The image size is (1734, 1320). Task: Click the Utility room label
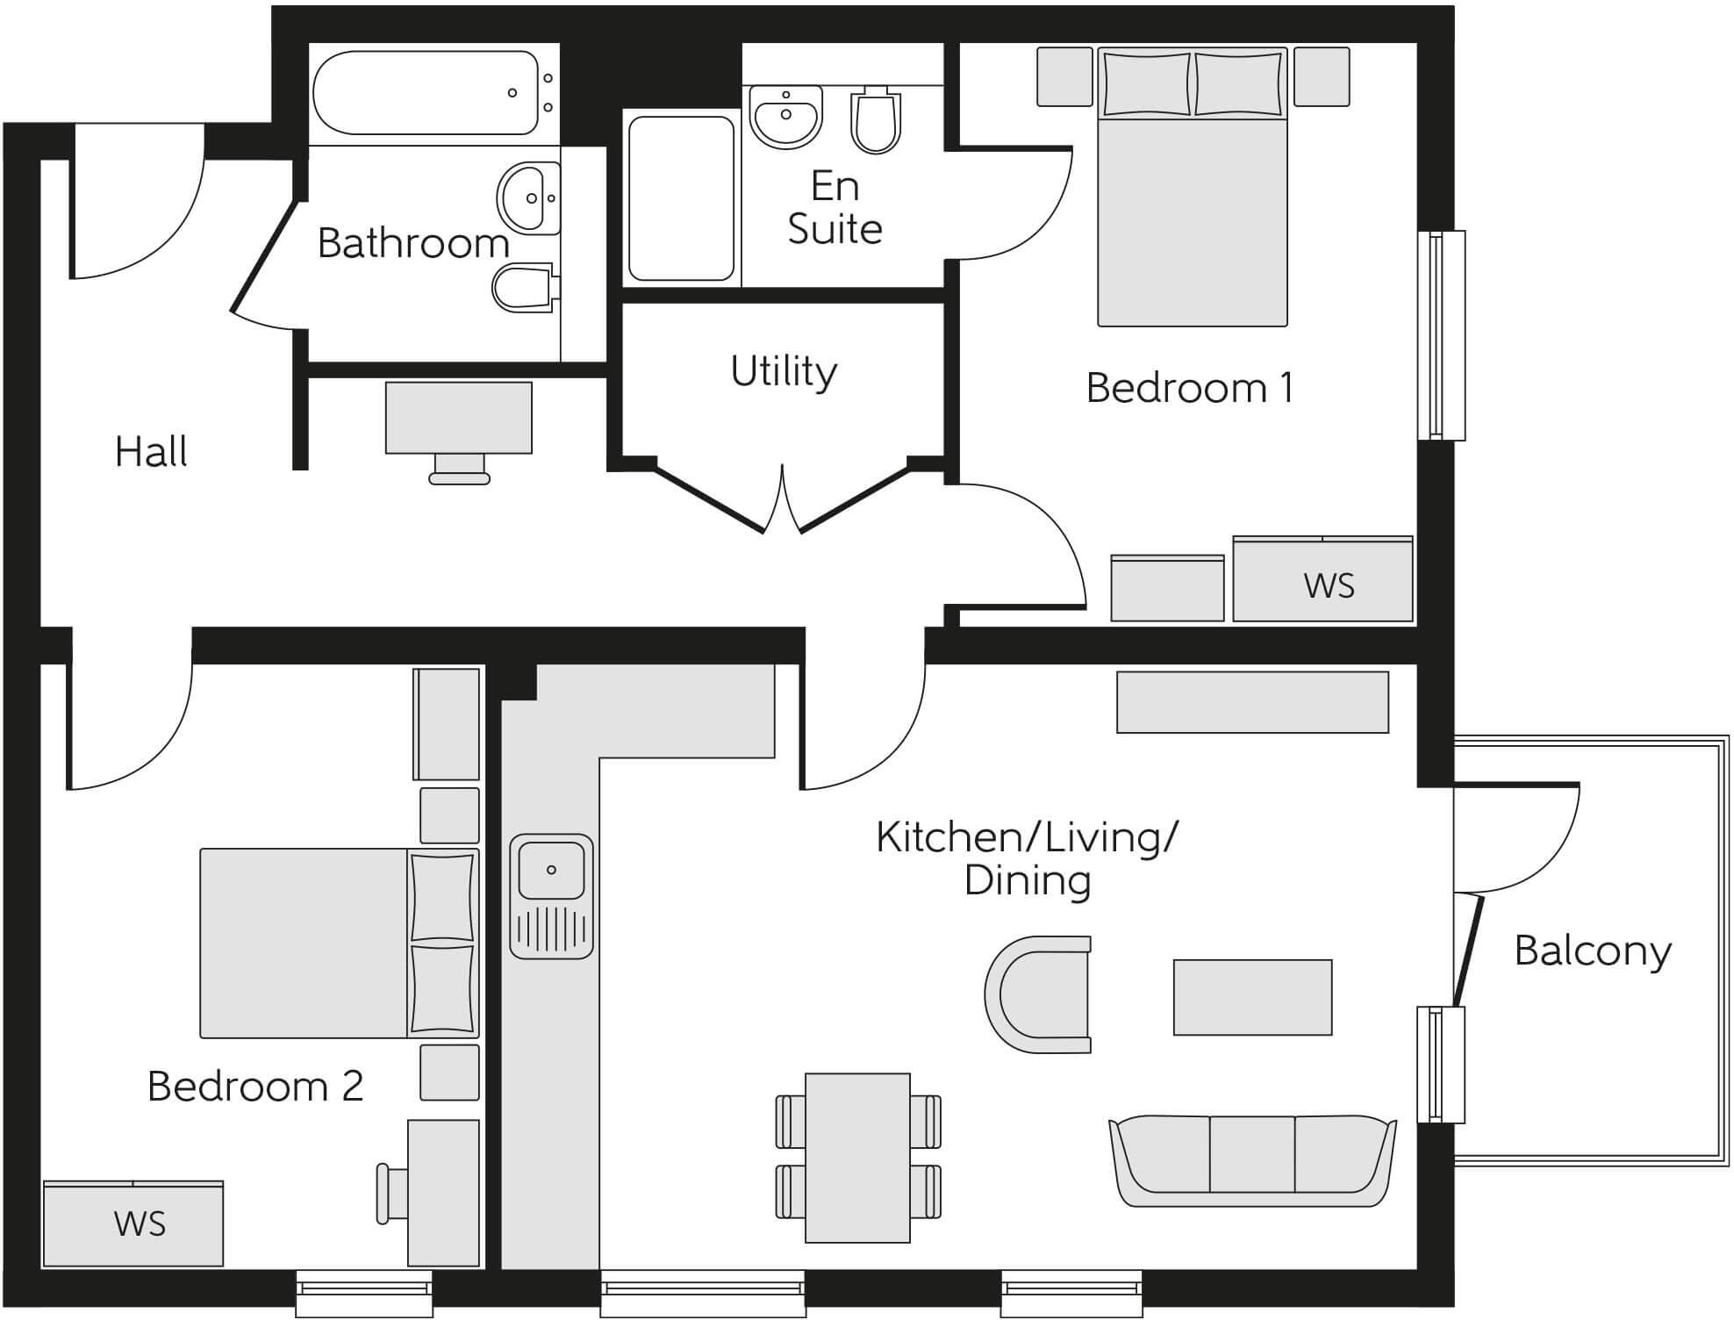pyautogui.click(x=784, y=372)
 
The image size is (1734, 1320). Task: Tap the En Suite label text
pyautogui.click(x=834, y=208)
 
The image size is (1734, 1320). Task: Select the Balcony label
pyautogui.click(x=1593, y=951)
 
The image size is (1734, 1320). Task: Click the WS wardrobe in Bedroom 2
pyautogui.click(x=133, y=1223)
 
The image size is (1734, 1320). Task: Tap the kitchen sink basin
pyautogui.click(x=551, y=870)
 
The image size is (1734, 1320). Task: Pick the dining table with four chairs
pyautogui.click(x=857, y=1157)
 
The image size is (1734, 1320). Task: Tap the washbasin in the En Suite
pyautogui.click(x=786, y=116)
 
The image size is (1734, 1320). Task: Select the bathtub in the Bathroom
pyautogui.click(x=426, y=93)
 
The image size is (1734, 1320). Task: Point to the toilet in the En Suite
pyautogui.click(x=876, y=120)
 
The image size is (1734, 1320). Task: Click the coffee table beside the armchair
pyautogui.click(x=1252, y=997)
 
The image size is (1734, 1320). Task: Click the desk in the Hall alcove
pyautogui.click(x=458, y=418)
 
